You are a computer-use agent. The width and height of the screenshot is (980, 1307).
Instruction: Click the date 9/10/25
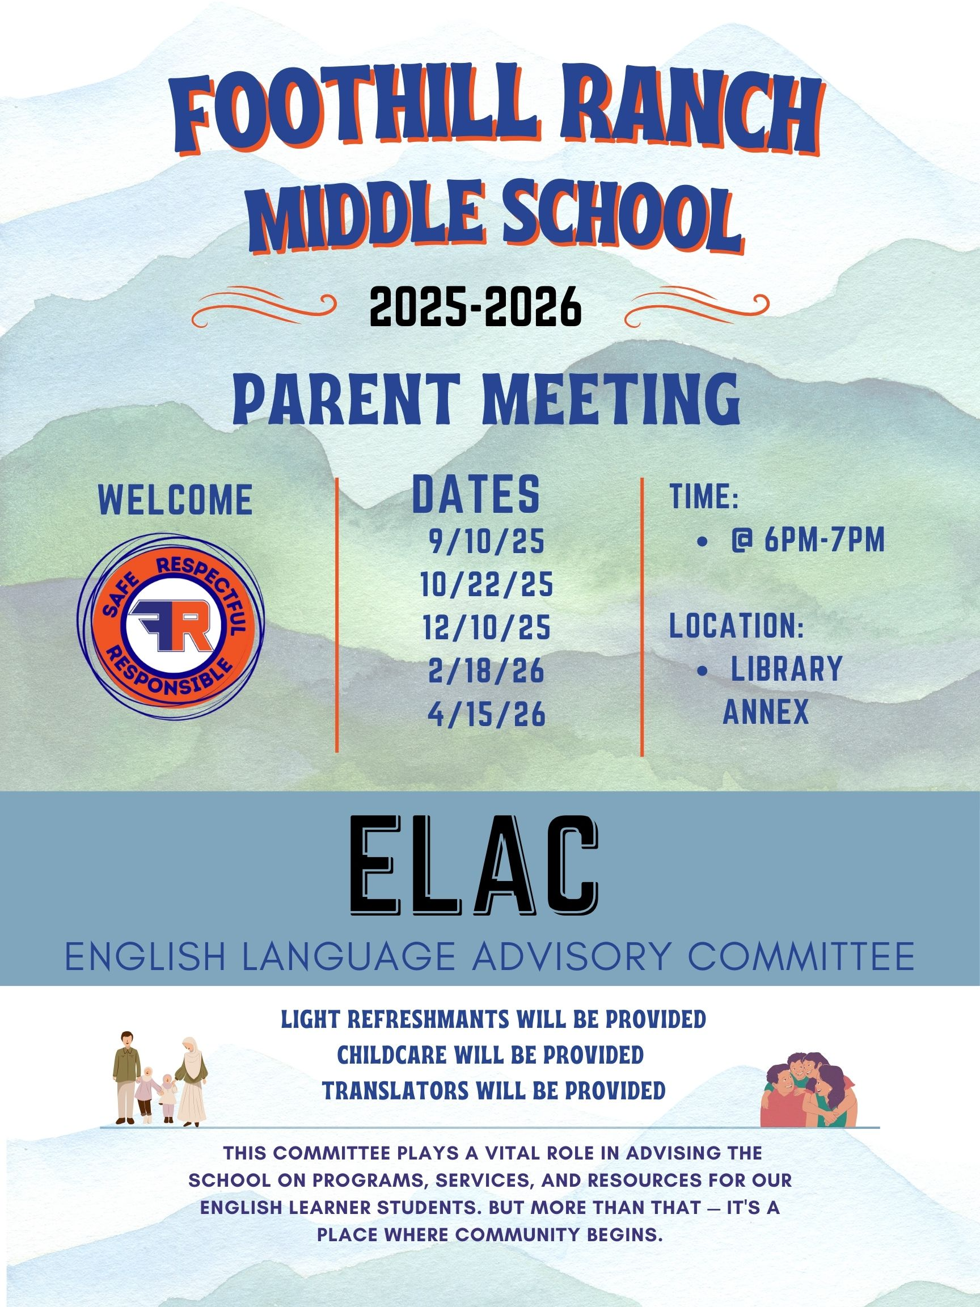coord(487,543)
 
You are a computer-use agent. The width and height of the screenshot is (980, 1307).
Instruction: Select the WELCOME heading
coord(175,500)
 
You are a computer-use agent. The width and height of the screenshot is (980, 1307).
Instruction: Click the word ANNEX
coord(766,712)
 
